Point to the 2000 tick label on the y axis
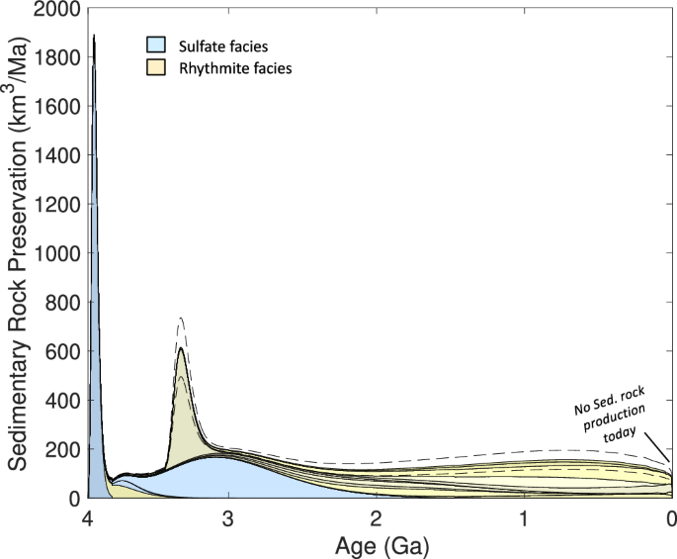[x=58, y=9]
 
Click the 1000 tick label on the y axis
[x=58, y=253]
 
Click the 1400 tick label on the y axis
[x=58, y=155]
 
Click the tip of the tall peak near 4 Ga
[x=94, y=36]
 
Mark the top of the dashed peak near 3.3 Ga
[x=181, y=318]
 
